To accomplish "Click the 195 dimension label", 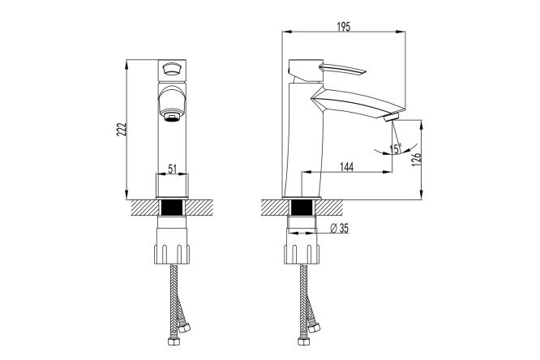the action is pyautogui.click(x=343, y=27).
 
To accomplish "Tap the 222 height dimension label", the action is pyautogui.click(x=122, y=129).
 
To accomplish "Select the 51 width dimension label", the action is pyautogui.click(x=172, y=169).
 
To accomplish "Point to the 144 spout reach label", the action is pyautogui.click(x=347, y=167).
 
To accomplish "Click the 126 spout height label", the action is pyautogui.click(x=417, y=160).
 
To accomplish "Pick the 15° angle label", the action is pyautogui.click(x=396, y=148).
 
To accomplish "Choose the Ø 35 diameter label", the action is pyautogui.click(x=339, y=228).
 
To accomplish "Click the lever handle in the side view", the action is pyautogui.click(x=342, y=69).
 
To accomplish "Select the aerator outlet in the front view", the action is pyautogui.click(x=173, y=117).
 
